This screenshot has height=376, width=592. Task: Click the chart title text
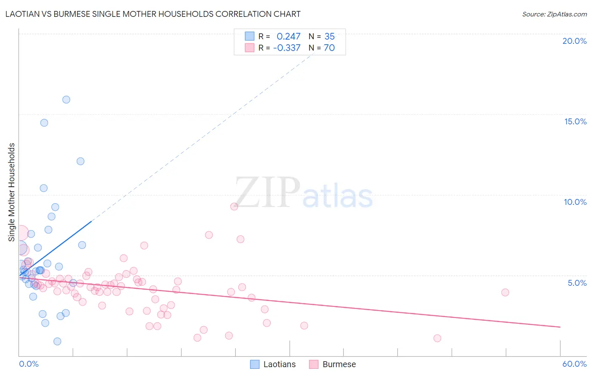[x=153, y=14]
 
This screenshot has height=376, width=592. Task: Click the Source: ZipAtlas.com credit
[x=554, y=14]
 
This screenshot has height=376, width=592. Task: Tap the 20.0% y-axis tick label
[x=574, y=41]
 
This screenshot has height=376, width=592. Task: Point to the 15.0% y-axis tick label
[x=575, y=121]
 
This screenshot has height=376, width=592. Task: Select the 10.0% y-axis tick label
[x=575, y=202]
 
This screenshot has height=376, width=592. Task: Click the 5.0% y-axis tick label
[x=577, y=283]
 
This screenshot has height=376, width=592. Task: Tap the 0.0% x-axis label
[x=29, y=364]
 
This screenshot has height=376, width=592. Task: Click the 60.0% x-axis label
[x=574, y=364]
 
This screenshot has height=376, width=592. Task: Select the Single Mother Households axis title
[x=11, y=192]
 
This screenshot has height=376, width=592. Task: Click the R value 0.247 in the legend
[x=288, y=37]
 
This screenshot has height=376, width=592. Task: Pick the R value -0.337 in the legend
[x=287, y=48]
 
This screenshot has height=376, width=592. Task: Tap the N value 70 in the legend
[x=329, y=48]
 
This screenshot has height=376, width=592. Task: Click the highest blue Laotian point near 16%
[x=66, y=99]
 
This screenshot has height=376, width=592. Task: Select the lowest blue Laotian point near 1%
[x=57, y=341]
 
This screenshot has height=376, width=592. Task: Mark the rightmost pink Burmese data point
[x=505, y=292]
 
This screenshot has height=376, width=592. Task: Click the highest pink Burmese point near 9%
[x=234, y=206]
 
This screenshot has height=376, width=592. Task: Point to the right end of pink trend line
[x=560, y=327]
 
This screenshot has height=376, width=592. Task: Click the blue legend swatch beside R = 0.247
[x=250, y=36]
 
